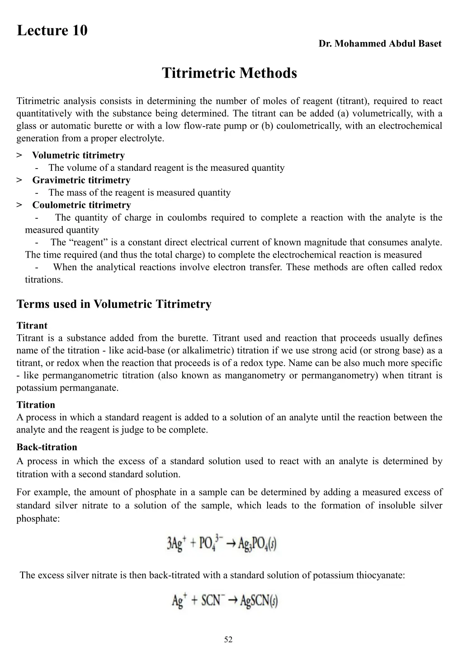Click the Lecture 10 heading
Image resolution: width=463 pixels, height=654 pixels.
[x=52, y=31]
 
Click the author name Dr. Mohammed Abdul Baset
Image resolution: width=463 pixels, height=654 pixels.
[x=380, y=44]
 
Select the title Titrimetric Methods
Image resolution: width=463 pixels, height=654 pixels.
[x=230, y=73]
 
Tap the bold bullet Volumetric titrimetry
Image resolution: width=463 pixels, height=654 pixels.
[x=78, y=155]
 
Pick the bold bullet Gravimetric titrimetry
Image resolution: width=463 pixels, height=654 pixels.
[x=81, y=180]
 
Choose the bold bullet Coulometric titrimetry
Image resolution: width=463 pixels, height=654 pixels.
[x=81, y=205]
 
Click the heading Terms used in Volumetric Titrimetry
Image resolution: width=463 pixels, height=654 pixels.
[x=114, y=304]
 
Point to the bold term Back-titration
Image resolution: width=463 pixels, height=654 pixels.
[x=47, y=447]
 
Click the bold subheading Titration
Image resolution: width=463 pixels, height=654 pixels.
[x=36, y=405]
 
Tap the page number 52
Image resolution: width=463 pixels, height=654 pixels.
[x=228, y=640]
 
